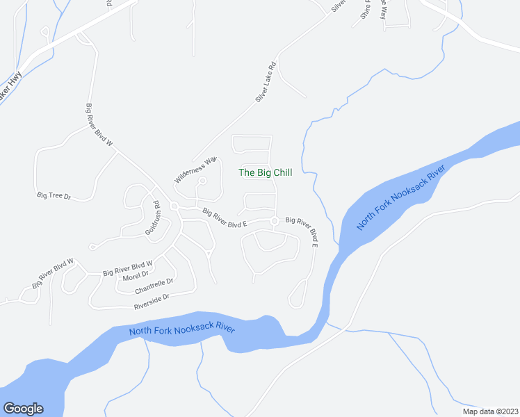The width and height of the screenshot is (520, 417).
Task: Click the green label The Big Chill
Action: point(265,173)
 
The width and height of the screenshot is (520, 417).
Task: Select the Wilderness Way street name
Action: point(196,169)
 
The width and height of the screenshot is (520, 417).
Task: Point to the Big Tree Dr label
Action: point(54,196)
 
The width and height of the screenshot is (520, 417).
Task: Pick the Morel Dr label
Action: point(136,277)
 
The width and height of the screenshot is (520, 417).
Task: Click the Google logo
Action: point(23,409)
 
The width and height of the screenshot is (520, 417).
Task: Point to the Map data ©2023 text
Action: point(489,411)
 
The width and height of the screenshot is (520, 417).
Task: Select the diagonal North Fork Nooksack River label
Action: point(400,199)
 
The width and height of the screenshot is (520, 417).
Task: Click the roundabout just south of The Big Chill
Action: point(275,222)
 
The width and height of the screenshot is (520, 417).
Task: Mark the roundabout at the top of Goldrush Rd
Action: point(174,206)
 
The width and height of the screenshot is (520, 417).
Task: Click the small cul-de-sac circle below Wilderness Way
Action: point(202,181)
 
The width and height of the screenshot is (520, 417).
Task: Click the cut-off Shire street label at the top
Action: point(364,10)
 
